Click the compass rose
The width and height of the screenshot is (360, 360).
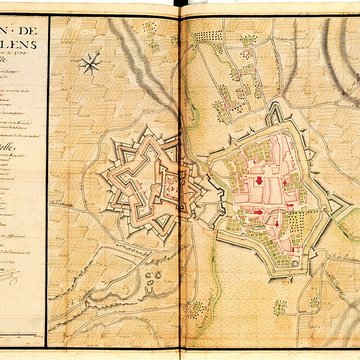[90, 65]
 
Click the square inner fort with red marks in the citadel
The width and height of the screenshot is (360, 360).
[169, 184]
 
